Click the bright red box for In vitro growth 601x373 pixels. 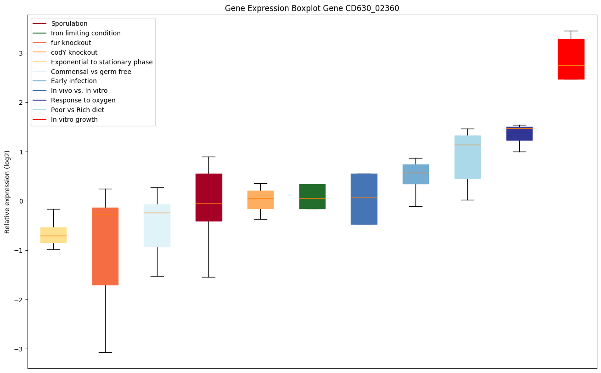(x=571, y=59)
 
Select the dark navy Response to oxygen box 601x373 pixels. (x=519, y=134)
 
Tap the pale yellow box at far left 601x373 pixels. (x=53, y=235)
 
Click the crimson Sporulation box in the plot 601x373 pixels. (x=208, y=198)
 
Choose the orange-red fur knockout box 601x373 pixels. (x=105, y=246)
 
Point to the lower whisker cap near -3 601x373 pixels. (x=105, y=352)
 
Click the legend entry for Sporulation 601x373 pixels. (x=69, y=23)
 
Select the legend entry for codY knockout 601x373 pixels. (x=74, y=52)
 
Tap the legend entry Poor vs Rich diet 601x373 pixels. (x=78, y=110)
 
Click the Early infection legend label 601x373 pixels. (x=74, y=81)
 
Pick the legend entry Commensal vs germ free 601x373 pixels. (x=91, y=72)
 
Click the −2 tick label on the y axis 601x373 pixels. (x=19, y=300)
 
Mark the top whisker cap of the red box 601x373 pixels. (x=571, y=31)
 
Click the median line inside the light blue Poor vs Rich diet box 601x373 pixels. (x=467, y=145)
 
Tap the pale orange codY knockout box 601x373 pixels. (x=260, y=200)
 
